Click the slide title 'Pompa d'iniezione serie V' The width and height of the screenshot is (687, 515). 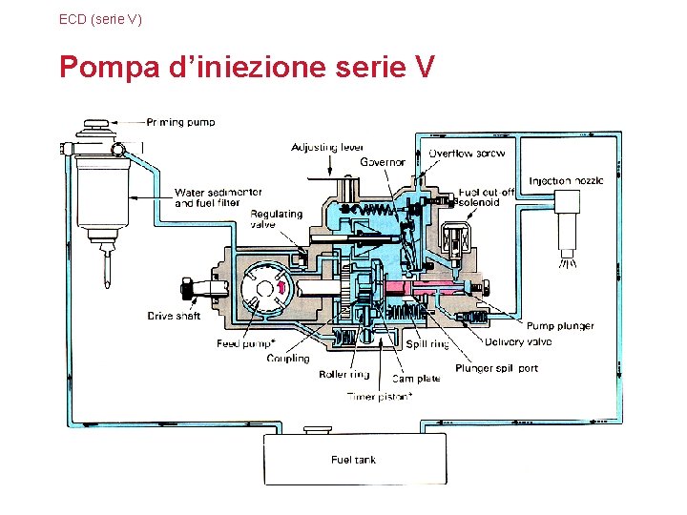click(247, 68)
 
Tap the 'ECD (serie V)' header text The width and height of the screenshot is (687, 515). click(100, 18)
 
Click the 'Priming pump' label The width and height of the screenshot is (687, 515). click(180, 122)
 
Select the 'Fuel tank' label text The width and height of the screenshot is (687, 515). click(353, 460)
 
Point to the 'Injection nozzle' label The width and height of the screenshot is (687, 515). click(566, 180)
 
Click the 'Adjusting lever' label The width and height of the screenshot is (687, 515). click(327, 148)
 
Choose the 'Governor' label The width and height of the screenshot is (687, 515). click(382, 162)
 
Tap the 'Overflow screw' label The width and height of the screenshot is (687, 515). click(467, 154)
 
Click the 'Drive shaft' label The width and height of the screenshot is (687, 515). click(174, 316)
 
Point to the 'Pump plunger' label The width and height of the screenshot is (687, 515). click(560, 326)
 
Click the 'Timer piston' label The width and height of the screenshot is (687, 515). click(380, 396)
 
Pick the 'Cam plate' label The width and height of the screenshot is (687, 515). click(416, 379)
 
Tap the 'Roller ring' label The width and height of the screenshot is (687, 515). click(343, 375)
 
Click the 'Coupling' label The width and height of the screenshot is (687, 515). click(287, 359)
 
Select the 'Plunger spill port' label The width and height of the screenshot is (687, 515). click(496, 368)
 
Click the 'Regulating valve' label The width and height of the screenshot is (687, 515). click(276, 219)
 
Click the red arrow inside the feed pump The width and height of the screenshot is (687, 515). click(281, 283)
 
